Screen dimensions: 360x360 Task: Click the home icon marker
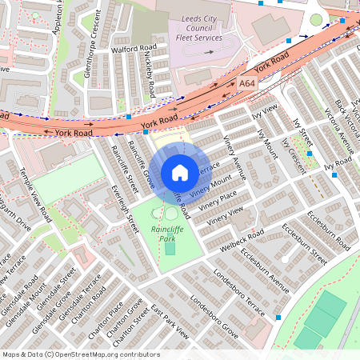click(180, 173)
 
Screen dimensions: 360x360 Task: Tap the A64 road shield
click(247, 82)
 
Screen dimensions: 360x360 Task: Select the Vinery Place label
click(218, 198)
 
